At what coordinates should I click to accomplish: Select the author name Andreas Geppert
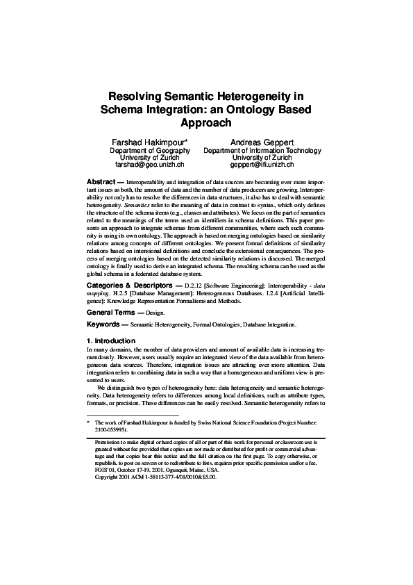(x=262, y=142)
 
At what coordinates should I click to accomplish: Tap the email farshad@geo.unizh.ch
(x=149, y=165)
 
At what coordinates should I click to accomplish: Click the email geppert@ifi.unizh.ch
(x=262, y=165)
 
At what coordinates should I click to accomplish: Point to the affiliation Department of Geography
(x=150, y=150)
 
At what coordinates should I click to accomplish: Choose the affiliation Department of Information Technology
(x=262, y=150)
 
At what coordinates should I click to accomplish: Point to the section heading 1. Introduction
(x=116, y=341)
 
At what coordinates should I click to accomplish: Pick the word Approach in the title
(x=206, y=123)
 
